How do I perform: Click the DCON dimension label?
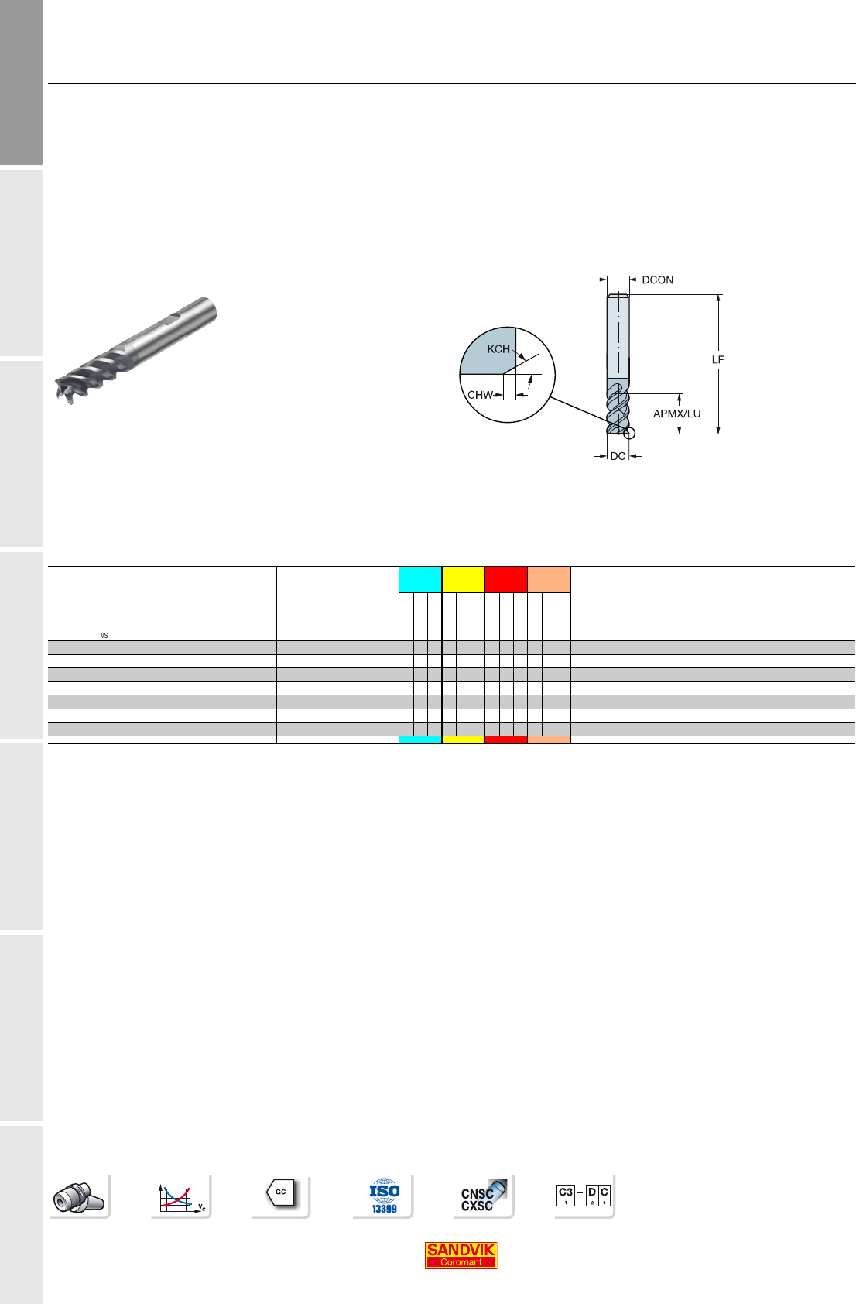(658, 280)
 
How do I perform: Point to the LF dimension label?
(718, 360)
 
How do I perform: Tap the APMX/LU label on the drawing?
(676, 414)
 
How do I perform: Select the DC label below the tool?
(618, 456)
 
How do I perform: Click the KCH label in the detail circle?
(498, 349)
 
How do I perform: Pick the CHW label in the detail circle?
(480, 395)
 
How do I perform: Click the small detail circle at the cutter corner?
(629, 433)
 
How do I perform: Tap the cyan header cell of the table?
(420, 580)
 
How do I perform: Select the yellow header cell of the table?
(463, 580)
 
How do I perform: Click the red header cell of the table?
(505, 580)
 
